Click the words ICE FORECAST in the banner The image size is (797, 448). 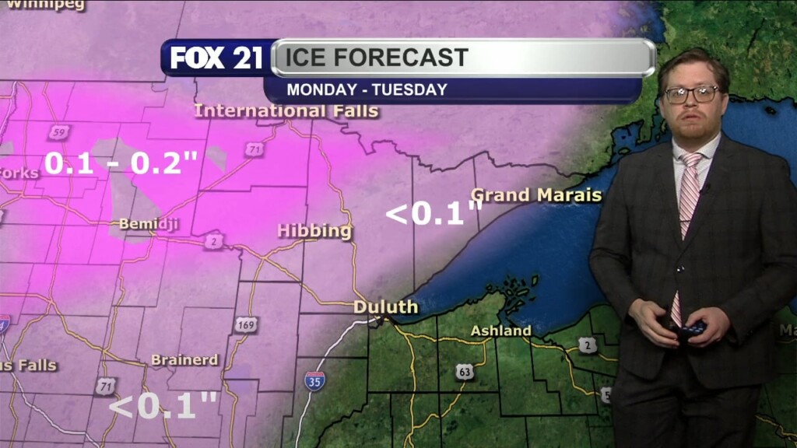[377, 58]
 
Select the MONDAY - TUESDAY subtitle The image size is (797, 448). [367, 89]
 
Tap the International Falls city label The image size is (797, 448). [286, 110]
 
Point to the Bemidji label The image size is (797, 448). [149, 224]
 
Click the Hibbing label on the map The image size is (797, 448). [314, 231]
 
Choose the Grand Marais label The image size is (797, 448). [536, 194]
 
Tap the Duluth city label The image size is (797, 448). [385, 306]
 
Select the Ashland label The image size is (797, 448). [501, 331]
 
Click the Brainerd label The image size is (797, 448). [184, 360]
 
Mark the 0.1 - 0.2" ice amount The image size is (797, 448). [121, 163]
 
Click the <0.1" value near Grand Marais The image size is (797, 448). [434, 214]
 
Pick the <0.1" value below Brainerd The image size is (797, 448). [163, 405]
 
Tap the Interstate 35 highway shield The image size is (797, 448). [314, 380]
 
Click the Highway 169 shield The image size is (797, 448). [246, 324]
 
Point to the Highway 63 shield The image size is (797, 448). [465, 371]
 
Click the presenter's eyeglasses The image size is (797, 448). [690, 94]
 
